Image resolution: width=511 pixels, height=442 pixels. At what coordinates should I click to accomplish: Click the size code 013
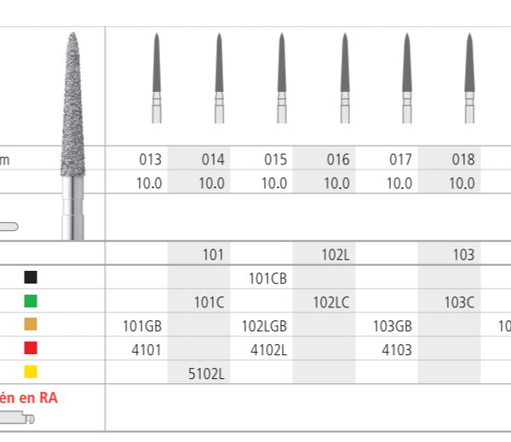pyautogui.click(x=150, y=159)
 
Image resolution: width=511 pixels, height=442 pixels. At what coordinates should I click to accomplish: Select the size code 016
pyautogui.click(x=338, y=159)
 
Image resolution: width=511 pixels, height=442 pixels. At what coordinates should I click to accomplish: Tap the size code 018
pyautogui.click(x=463, y=159)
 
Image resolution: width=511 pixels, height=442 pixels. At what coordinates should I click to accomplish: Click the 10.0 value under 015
pyautogui.click(x=275, y=183)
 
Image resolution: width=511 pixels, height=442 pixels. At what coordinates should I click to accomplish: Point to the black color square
pyautogui.click(x=32, y=278)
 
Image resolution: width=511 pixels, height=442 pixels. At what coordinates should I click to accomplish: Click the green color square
pyautogui.click(x=32, y=301)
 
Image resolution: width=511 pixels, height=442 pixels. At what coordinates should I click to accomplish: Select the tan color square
pyautogui.click(x=32, y=324)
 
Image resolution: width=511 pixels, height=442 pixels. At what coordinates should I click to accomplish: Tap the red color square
pyautogui.click(x=32, y=347)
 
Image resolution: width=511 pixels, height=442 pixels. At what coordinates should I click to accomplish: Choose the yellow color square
pyautogui.click(x=32, y=371)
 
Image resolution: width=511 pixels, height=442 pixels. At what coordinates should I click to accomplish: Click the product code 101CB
pyautogui.click(x=267, y=278)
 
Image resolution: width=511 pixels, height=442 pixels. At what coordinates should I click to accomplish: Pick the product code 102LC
pyautogui.click(x=332, y=301)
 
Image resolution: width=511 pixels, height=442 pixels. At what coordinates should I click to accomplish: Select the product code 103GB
pyautogui.click(x=393, y=324)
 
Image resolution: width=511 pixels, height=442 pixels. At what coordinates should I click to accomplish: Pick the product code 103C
pyautogui.click(x=460, y=301)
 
